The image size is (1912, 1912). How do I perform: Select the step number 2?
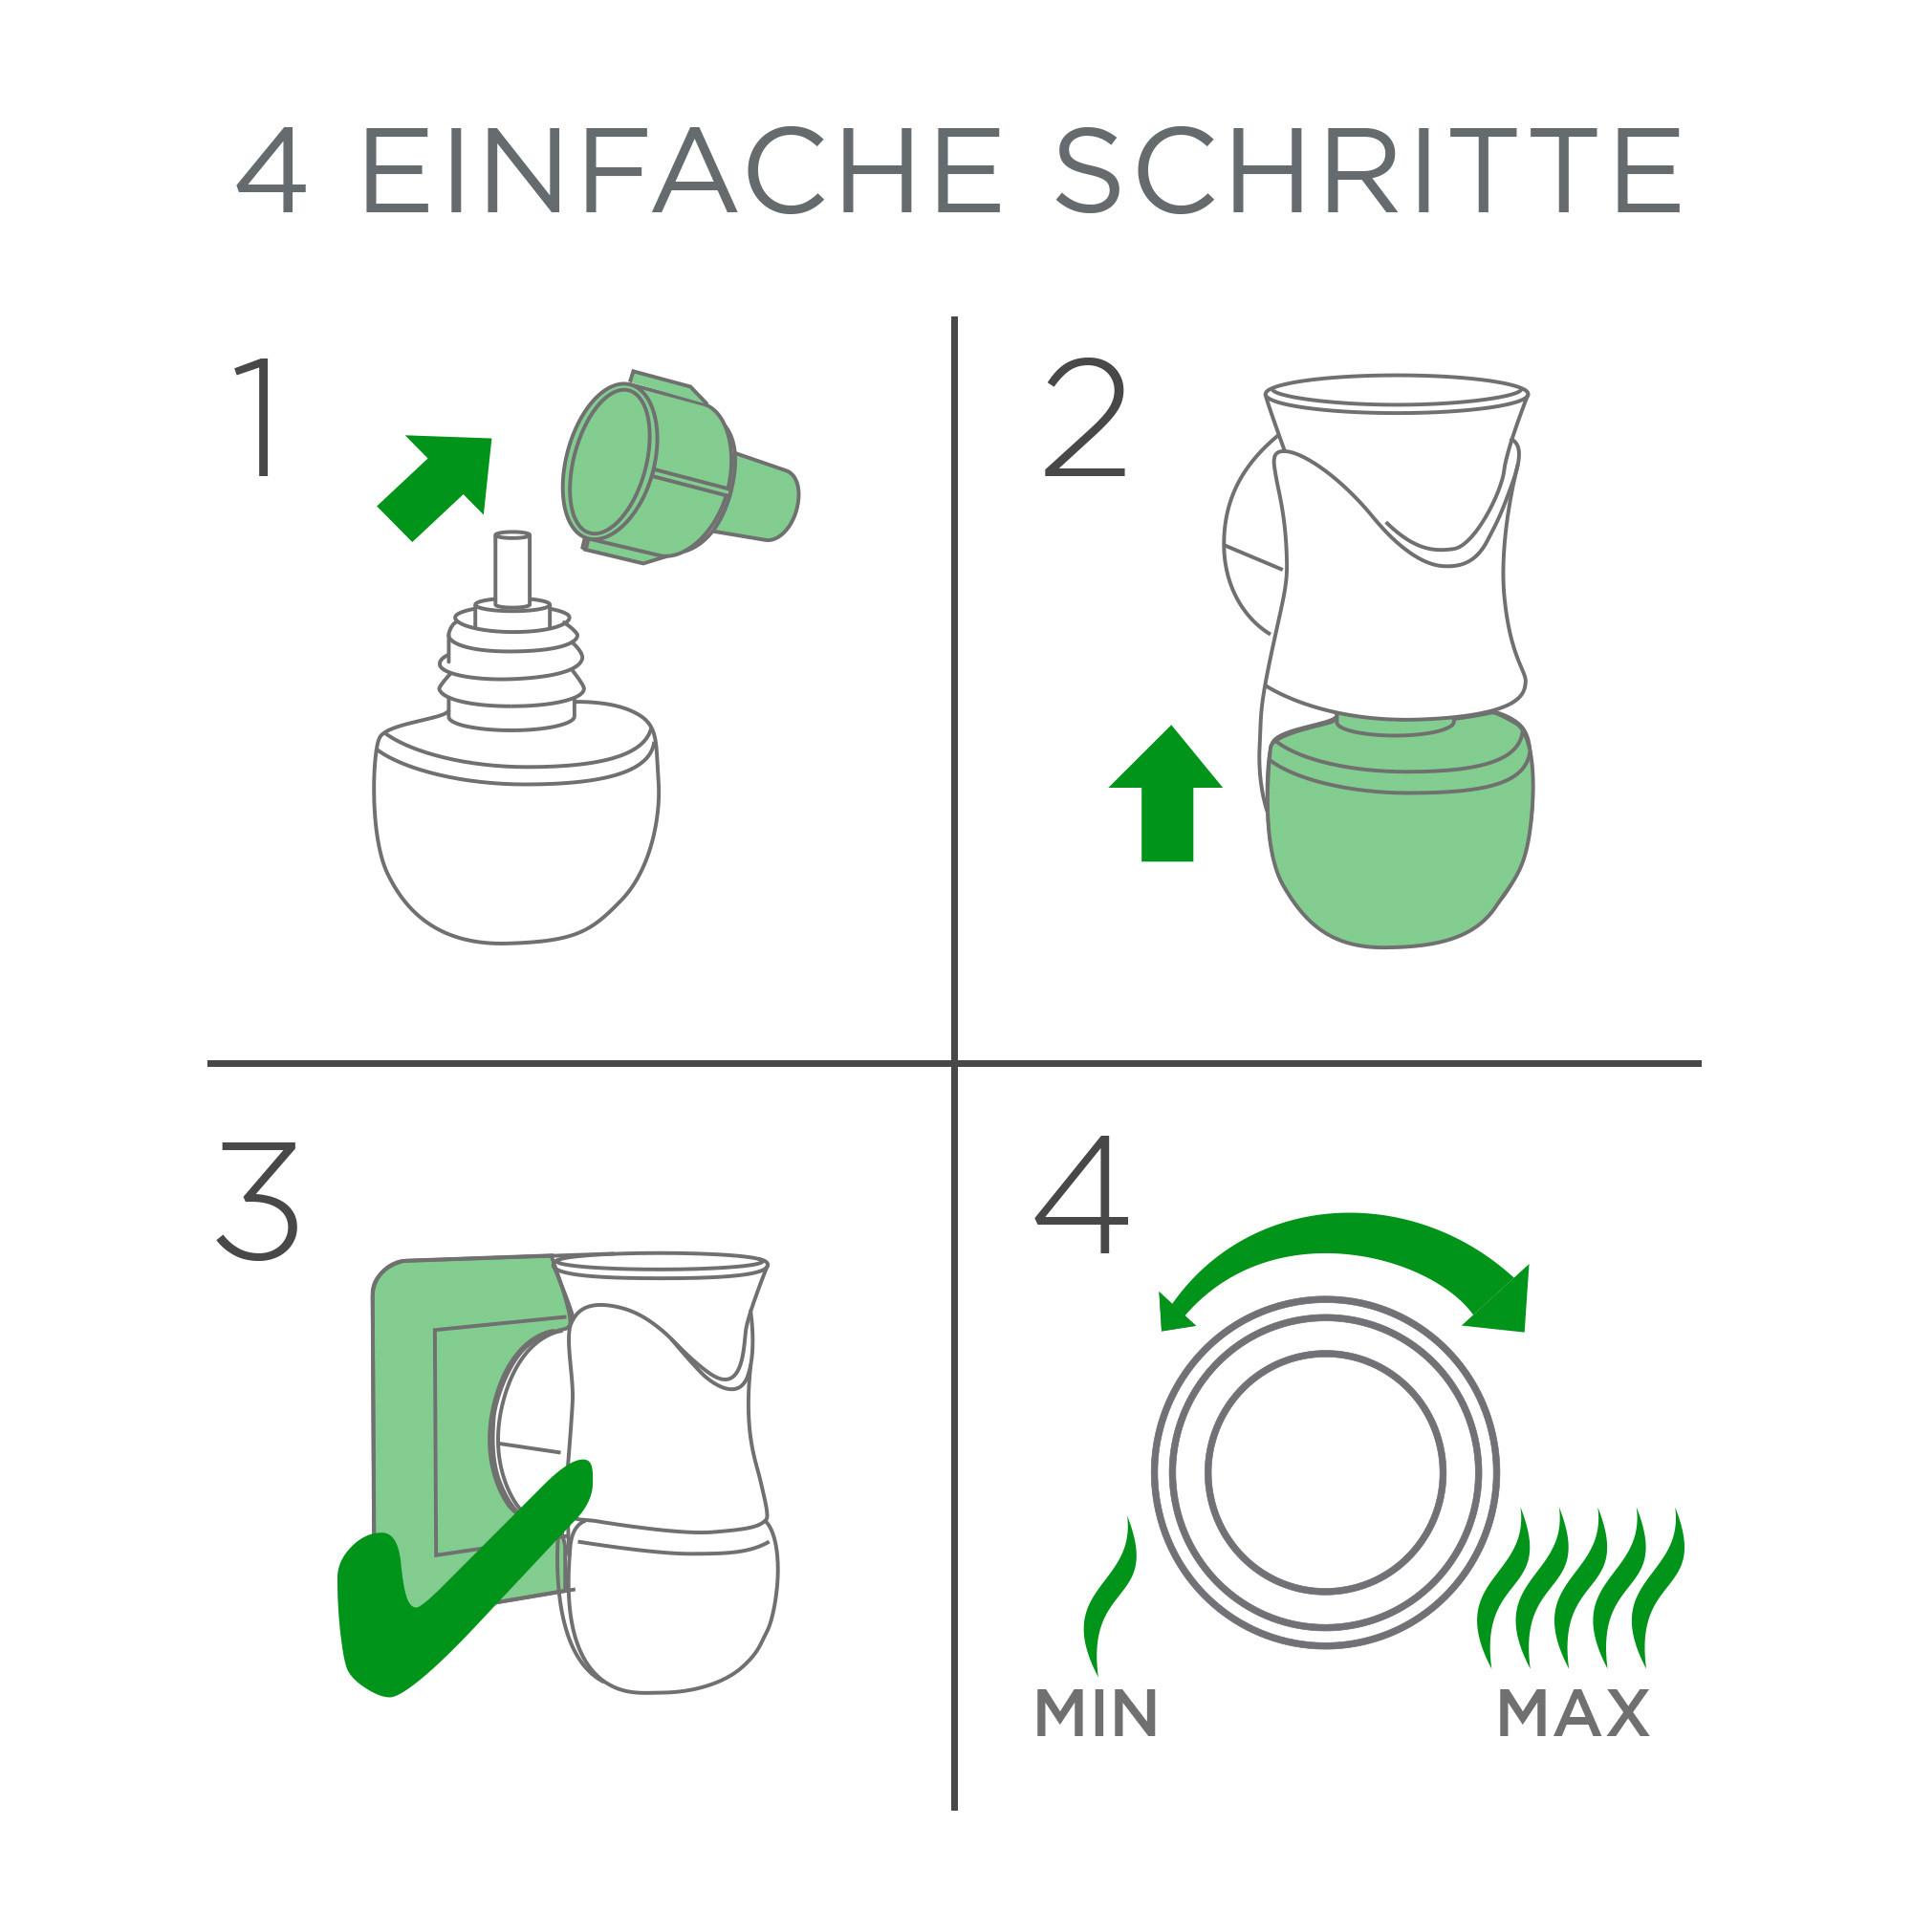pyautogui.click(x=1085, y=419)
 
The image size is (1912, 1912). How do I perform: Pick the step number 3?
pyautogui.click(x=258, y=1200)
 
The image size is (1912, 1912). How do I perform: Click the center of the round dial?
pyautogui.click(x=1325, y=1472)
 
